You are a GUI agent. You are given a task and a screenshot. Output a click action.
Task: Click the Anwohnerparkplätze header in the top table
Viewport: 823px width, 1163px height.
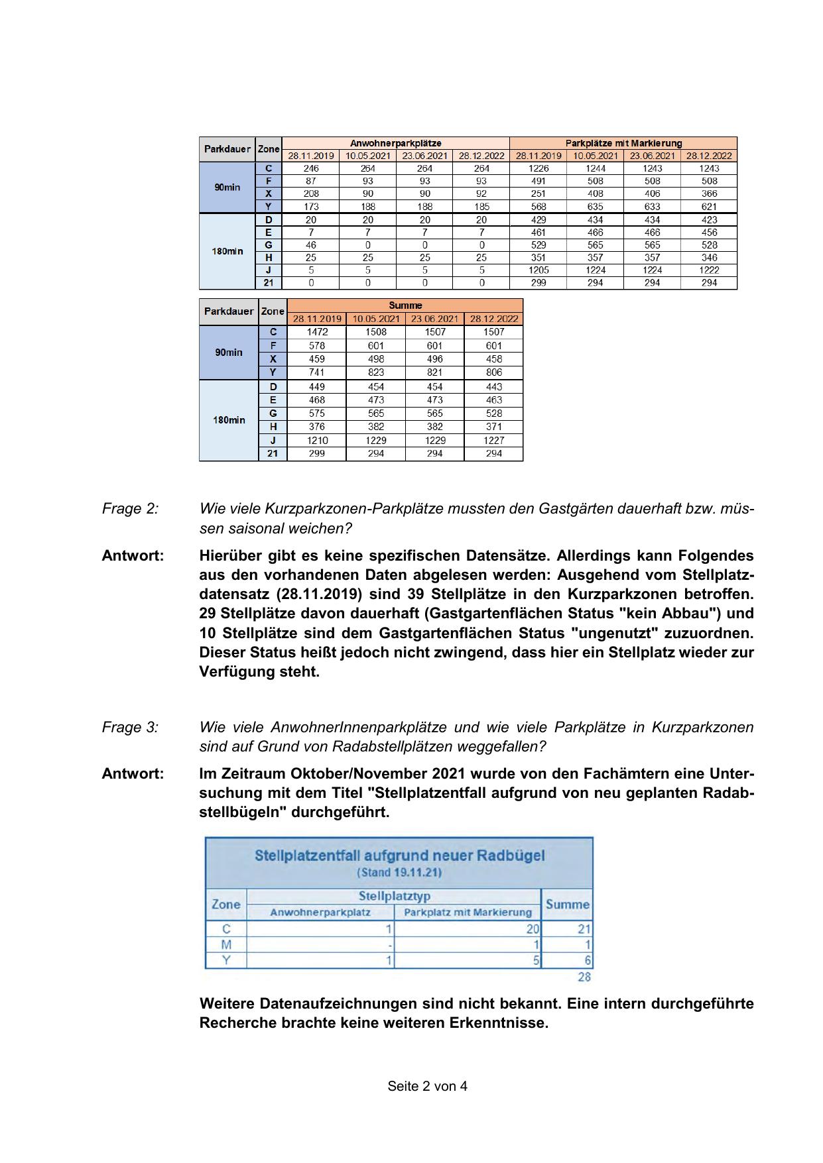[395, 143]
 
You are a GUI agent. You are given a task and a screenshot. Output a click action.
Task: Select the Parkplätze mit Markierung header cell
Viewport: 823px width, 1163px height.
[623, 143]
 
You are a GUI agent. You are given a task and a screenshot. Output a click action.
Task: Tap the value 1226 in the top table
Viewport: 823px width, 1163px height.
[538, 168]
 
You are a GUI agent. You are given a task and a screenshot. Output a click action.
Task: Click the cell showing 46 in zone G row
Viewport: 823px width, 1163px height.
[310, 245]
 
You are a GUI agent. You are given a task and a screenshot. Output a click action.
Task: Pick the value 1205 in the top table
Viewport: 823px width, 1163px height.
[538, 270]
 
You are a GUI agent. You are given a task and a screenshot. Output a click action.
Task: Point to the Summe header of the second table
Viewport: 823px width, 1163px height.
[405, 305]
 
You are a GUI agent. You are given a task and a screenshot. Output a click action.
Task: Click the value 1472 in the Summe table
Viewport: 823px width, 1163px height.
[317, 332]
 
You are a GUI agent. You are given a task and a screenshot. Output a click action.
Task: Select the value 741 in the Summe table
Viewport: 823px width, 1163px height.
[317, 372]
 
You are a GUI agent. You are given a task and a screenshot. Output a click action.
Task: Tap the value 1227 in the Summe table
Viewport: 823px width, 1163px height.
[493, 440]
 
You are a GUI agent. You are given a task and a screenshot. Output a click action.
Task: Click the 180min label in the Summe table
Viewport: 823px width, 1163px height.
[229, 419]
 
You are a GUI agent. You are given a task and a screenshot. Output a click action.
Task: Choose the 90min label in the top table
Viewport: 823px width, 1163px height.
[227, 188]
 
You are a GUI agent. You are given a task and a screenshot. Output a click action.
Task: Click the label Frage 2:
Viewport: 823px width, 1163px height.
[130, 509]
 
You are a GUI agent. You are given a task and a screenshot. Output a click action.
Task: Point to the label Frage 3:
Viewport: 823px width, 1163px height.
[130, 727]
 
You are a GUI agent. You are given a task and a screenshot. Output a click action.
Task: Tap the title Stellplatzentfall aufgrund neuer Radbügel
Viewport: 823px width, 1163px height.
[399, 855]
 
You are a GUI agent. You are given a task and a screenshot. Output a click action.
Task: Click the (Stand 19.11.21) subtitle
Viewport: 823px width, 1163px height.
[399, 872]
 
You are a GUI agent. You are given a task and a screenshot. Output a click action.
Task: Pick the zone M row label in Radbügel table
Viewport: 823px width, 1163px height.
[226, 944]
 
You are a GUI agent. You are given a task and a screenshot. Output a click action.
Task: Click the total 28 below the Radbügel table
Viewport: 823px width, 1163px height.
[584, 977]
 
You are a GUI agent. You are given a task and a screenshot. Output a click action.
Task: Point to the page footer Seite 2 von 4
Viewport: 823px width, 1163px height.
[427, 1086]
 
